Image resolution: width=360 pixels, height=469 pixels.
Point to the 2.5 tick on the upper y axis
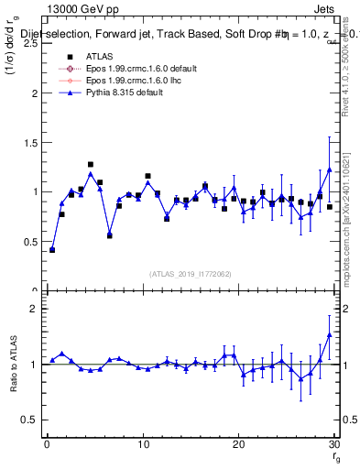(x=30, y=43)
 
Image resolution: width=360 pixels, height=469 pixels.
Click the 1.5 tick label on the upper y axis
(x=30, y=142)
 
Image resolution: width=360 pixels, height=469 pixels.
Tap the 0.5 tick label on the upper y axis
(x=30, y=241)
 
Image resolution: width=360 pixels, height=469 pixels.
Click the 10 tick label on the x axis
(x=142, y=445)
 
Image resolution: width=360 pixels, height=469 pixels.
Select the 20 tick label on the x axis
(x=238, y=445)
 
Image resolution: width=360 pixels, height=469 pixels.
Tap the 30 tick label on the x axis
(x=333, y=445)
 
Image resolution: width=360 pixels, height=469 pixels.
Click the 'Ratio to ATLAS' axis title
(x=12, y=364)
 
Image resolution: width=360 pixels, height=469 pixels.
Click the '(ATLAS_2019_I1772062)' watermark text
(x=190, y=273)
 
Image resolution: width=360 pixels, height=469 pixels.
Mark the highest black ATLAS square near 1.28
(x=91, y=165)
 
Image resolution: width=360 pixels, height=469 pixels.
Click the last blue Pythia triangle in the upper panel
(x=330, y=169)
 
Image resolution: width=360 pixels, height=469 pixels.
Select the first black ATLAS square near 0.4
(x=52, y=249)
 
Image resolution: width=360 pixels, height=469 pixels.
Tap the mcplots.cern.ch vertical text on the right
(x=351, y=211)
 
